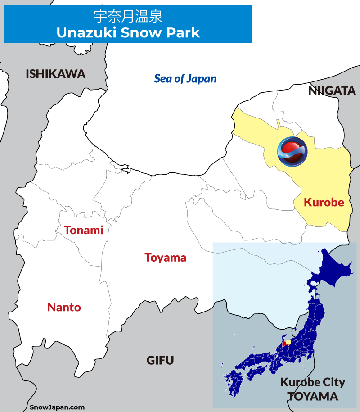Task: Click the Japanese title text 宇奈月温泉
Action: point(128,17)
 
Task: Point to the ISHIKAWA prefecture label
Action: point(55,74)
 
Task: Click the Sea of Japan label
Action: point(185,79)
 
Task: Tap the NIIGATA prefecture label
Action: point(332,91)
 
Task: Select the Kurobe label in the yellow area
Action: point(324,202)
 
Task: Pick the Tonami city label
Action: point(83,230)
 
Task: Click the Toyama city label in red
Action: point(165,258)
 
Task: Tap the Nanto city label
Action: point(64,308)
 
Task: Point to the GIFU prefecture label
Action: point(160,360)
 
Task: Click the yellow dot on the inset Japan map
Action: point(288,342)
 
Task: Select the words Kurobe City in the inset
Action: point(312,383)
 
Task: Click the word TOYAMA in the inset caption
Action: point(312,396)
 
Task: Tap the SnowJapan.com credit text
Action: point(57,407)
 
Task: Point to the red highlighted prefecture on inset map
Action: point(284,344)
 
